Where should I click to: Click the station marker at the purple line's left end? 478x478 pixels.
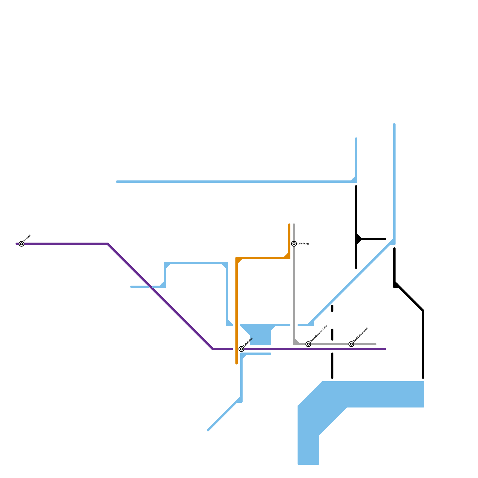pos(22,244)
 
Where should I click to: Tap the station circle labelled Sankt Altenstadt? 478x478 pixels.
pos(351,344)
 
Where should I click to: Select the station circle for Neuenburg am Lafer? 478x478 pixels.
pos(308,344)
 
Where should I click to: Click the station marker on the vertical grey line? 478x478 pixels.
pos(294,244)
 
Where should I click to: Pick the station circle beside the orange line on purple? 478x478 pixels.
pos(241,349)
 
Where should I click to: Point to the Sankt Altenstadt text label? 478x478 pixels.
pos(360,335)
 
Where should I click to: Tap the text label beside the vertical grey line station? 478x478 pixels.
pos(303,244)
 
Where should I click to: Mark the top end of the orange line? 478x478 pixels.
pos(289,225)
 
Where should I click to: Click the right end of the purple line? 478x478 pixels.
pos(385,349)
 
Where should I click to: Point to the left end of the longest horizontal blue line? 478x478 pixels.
pos(117,182)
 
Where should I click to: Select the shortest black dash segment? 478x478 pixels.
pos(332,308)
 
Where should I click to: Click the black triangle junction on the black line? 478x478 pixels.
pos(358,239)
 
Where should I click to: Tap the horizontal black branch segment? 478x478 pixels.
pos(373,239)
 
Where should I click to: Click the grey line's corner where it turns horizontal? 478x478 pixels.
pos(295,344)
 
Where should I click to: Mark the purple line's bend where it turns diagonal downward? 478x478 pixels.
pos(108,244)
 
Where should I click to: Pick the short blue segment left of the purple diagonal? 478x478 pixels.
pos(140,287)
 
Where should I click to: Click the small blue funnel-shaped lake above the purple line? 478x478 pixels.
pos(260,335)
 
